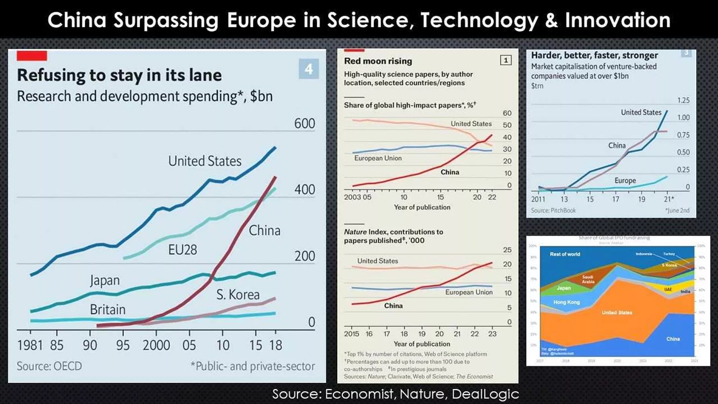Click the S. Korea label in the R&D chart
coord(238,295)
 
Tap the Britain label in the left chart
coord(108,309)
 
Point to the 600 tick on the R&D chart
coord(304,123)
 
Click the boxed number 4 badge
coord(309,69)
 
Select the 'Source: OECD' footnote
coord(49,366)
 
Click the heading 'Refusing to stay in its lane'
coord(119,75)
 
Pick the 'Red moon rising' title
coord(378,61)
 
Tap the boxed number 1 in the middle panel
coord(505,60)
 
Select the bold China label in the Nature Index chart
coord(393,305)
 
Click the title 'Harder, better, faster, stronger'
coord(594,55)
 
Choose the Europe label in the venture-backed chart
coord(625,181)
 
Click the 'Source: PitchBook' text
coord(553,210)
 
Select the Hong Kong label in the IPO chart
coord(566,302)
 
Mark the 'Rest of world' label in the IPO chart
coord(565,254)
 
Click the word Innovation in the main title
coord(619,20)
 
